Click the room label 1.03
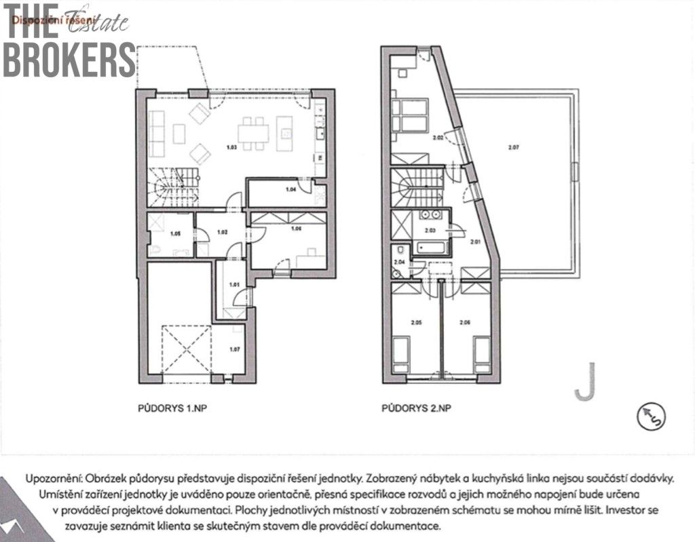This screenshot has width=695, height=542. point(231,147)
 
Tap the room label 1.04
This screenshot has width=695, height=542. point(291,190)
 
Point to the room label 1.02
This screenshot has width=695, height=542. point(222,232)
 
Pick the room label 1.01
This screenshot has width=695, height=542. point(233,285)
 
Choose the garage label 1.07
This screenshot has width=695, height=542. point(234,349)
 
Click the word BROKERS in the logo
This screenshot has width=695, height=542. point(69,60)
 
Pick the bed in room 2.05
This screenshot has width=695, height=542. point(402,352)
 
